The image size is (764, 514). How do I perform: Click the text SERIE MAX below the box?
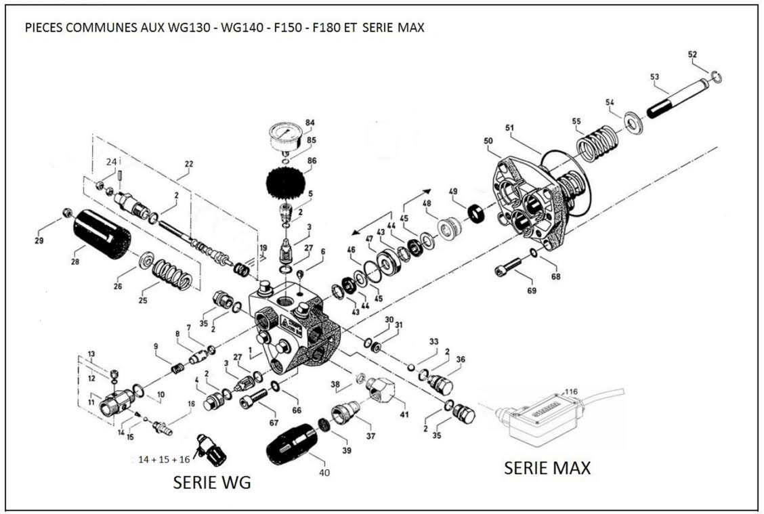point(547,468)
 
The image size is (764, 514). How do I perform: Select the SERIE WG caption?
point(212,482)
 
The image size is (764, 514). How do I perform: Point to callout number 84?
point(310,123)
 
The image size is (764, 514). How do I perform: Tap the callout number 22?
point(188,163)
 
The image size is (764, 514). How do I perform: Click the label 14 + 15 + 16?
point(163,459)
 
